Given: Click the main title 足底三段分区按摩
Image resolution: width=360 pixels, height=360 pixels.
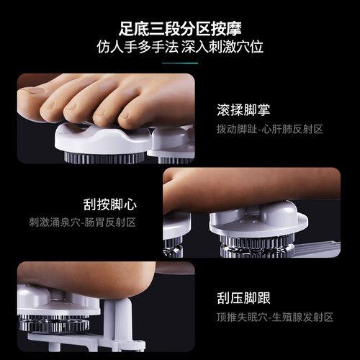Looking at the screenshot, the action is click(180, 29).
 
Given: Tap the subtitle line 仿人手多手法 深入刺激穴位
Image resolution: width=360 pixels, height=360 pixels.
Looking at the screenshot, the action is click(180, 47).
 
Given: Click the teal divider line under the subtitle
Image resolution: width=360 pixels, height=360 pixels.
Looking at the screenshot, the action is click(180, 63).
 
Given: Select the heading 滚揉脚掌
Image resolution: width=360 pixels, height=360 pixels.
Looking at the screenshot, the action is click(243, 110).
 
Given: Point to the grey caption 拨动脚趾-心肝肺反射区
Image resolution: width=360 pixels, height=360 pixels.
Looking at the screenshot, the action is click(269, 129).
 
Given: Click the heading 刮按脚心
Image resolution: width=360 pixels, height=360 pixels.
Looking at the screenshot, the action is click(110, 204).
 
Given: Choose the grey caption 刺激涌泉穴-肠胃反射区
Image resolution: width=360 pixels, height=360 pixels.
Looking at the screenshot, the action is click(82, 222).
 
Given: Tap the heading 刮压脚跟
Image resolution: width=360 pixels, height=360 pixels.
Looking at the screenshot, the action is click(243, 298).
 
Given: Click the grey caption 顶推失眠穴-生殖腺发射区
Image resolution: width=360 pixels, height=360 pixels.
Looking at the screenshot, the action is click(275, 318).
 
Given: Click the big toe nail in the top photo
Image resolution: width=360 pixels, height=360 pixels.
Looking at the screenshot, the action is click(32, 91).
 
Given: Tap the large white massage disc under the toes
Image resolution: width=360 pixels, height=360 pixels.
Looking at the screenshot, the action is click(103, 139).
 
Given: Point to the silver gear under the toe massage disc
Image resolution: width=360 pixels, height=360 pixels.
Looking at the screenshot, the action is click(104, 158).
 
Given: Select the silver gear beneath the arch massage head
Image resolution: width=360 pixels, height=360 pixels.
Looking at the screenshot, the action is click(257, 246).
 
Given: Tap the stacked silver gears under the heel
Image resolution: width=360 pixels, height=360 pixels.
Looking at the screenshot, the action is click(54, 323).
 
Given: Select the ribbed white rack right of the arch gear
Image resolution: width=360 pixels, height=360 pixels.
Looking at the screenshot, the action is click(317, 248).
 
